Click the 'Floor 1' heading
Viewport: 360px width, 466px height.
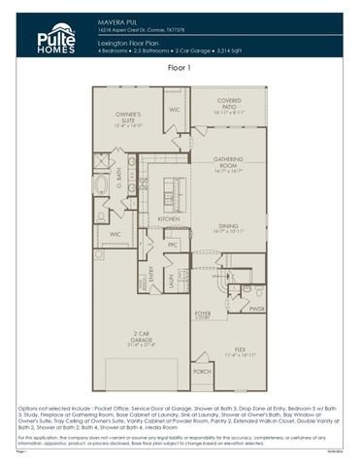point(180,69)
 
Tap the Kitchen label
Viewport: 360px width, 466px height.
point(168,219)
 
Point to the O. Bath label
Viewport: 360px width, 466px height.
point(117,176)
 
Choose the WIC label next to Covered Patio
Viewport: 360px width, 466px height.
point(175,110)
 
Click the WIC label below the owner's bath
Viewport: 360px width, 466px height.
point(115,234)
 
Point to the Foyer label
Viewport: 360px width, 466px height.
point(202,315)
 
